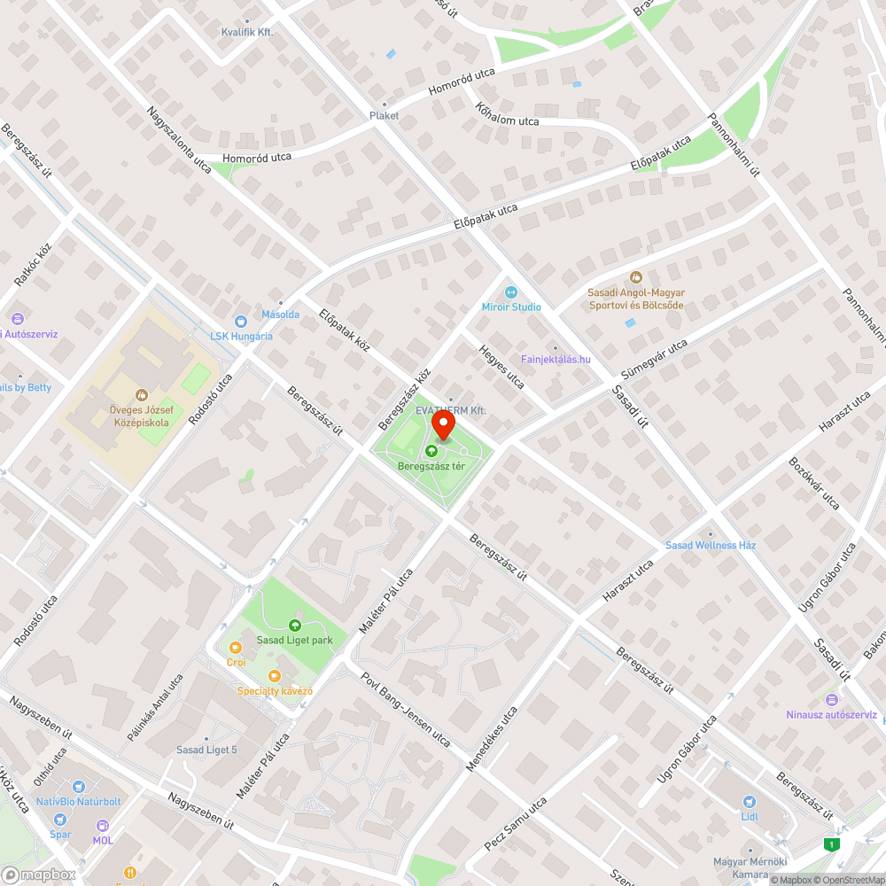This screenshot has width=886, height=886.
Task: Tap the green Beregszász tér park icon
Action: click(x=432, y=452)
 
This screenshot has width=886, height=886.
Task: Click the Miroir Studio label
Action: click(x=511, y=307)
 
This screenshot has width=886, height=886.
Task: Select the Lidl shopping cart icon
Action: click(x=749, y=799)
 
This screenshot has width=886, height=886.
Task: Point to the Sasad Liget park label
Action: click(x=294, y=640)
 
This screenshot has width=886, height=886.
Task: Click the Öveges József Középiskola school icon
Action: click(x=140, y=395)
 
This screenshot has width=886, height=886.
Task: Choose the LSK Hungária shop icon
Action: click(x=240, y=322)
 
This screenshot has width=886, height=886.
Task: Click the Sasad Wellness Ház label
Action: click(x=711, y=545)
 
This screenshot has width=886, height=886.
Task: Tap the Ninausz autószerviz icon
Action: click(x=831, y=700)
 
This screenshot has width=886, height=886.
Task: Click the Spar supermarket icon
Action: click(x=60, y=820)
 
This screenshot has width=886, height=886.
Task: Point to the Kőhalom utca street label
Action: click(x=507, y=115)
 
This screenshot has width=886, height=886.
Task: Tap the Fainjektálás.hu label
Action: click(x=556, y=359)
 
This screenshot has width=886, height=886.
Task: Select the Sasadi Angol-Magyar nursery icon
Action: click(x=635, y=277)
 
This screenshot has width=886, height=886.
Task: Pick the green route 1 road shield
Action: click(x=830, y=843)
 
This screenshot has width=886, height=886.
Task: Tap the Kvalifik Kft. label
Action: click(x=246, y=32)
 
